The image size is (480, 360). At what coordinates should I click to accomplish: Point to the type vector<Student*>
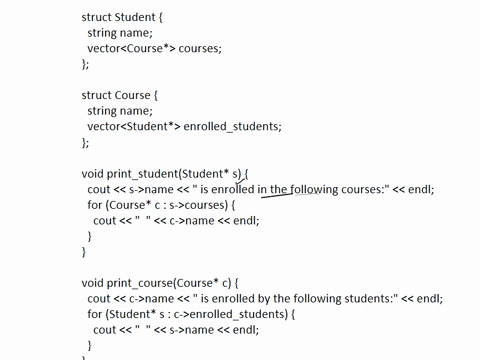pyautogui.click(x=133, y=126)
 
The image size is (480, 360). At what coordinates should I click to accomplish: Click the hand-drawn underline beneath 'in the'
pyautogui.click(x=275, y=194)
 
